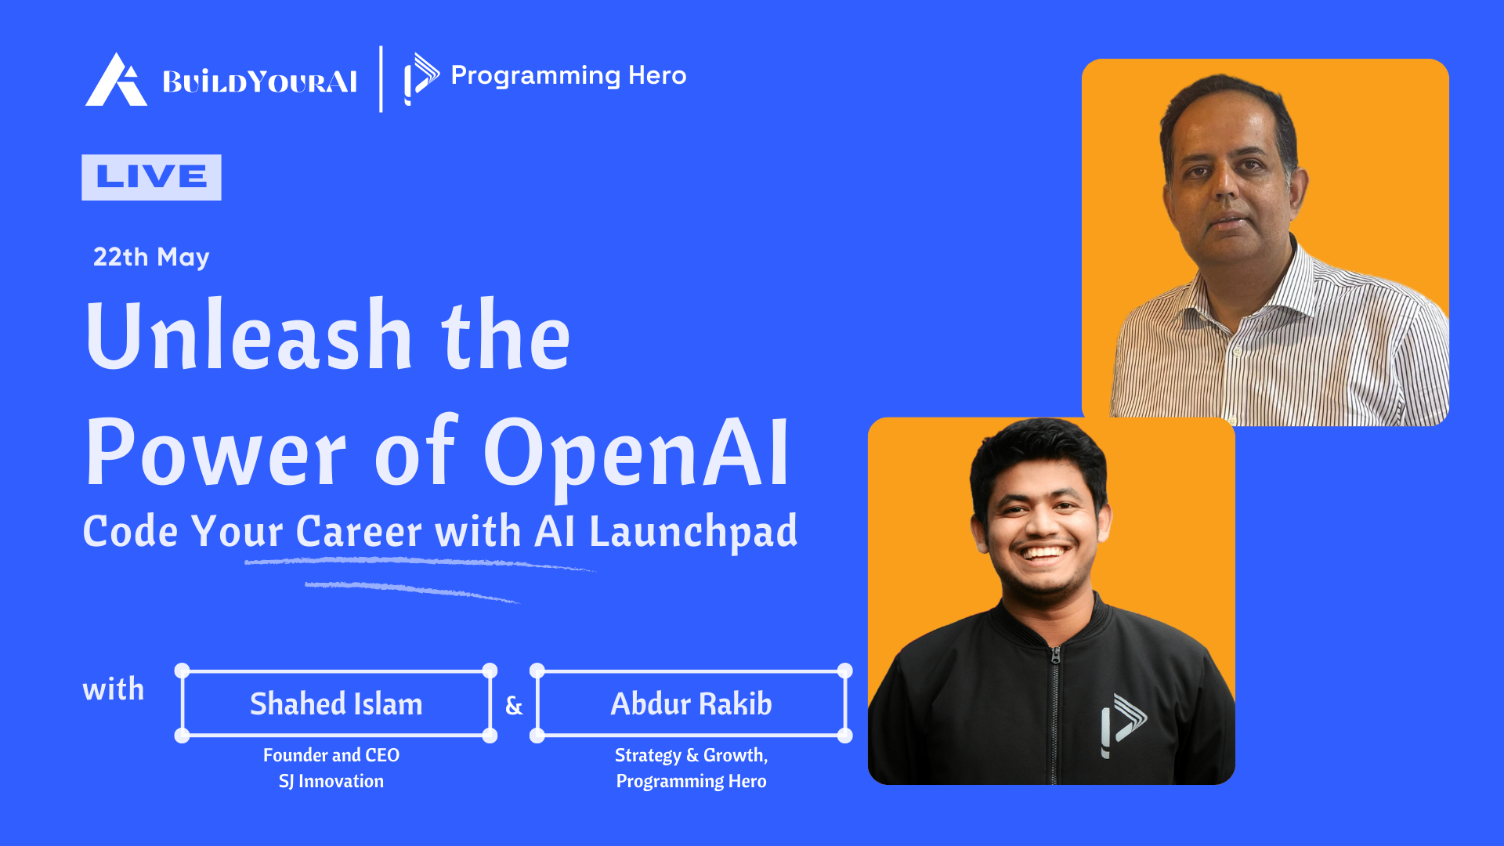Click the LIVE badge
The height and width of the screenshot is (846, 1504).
151,177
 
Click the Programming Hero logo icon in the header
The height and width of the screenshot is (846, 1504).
421,78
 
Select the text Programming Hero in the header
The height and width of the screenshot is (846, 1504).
569,75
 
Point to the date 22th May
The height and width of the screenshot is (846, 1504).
151,257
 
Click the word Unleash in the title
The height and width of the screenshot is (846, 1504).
249,334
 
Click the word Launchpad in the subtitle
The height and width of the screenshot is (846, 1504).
693,531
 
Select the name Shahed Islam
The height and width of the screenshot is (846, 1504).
336,703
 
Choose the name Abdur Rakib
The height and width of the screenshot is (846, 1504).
691,703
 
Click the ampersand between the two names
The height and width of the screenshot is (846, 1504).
514,706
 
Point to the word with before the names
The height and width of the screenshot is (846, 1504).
114,689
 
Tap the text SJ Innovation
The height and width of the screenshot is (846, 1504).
331,781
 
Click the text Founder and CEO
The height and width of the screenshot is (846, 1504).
331,755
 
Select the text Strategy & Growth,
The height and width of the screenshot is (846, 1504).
691,755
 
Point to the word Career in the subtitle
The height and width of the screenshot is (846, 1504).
360,531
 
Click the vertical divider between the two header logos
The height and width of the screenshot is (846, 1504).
381,78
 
